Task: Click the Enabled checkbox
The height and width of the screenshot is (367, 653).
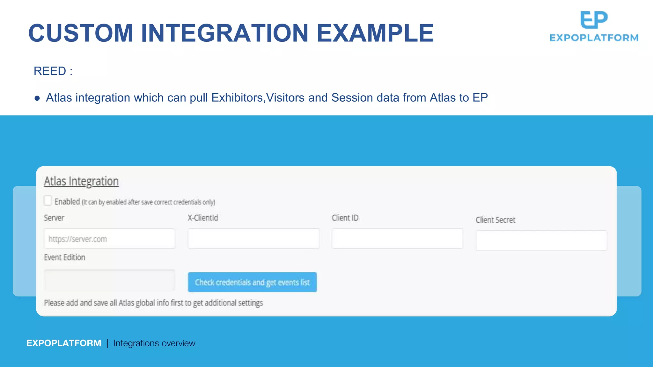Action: click(x=48, y=201)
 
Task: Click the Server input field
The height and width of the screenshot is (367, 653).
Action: click(x=109, y=239)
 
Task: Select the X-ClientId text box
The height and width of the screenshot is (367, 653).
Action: click(x=253, y=239)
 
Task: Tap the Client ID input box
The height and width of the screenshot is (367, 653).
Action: click(x=397, y=239)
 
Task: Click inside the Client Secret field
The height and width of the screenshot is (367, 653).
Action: click(x=541, y=241)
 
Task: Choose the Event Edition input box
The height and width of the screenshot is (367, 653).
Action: click(x=109, y=280)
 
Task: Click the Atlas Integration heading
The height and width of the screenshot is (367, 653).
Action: click(x=81, y=181)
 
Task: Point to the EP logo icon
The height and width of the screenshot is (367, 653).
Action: click(x=594, y=20)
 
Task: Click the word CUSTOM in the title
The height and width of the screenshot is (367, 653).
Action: click(x=81, y=33)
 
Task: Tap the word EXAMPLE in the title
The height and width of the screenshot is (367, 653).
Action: click(x=375, y=33)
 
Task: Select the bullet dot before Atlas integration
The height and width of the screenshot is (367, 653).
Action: click(x=37, y=98)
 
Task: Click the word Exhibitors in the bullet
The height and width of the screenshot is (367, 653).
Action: click(x=237, y=98)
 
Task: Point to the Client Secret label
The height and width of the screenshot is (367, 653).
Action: click(x=495, y=220)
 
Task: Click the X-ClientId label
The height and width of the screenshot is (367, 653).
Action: click(x=203, y=218)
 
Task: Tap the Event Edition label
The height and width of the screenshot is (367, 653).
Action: click(x=64, y=257)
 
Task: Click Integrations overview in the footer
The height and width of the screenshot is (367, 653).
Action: click(x=154, y=343)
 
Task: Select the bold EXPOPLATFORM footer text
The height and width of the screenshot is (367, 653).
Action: click(x=64, y=343)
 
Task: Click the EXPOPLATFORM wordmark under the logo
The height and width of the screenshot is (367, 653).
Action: click(x=594, y=38)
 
